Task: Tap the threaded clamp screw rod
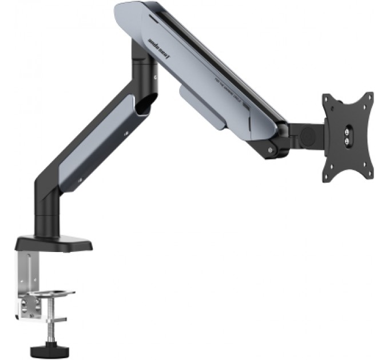42,321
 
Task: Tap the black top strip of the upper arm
217,57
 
